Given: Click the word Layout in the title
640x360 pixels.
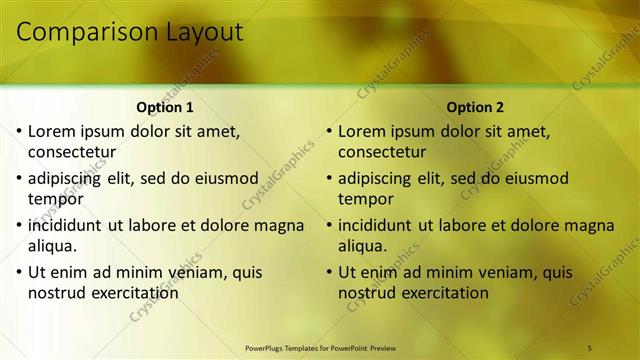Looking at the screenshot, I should tap(198, 32).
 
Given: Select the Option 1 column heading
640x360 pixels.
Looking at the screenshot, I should tap(165, 107).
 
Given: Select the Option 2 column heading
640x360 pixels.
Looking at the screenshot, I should tap(476, 107).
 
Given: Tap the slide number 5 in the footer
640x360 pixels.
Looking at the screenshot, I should tap(590, 347).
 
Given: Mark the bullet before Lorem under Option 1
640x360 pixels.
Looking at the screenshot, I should tap(20, 131).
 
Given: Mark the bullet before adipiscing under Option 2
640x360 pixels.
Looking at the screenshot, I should tap(330, 178).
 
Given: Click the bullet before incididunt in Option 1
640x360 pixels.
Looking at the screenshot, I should tap(20, 225).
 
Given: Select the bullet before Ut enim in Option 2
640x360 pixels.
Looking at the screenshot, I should tap(330, 272).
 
